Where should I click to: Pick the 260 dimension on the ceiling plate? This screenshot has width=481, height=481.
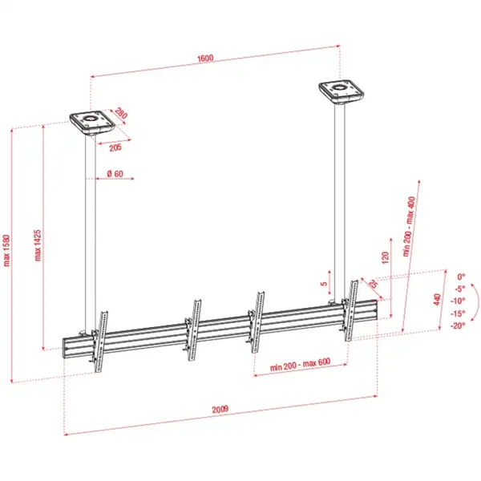click(x=120, y=115)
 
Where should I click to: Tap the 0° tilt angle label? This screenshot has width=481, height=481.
click(x=460, y=275)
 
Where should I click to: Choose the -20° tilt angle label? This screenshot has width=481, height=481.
click(x=458, y=325)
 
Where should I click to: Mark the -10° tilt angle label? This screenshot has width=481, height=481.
click(x=458, y=301)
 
